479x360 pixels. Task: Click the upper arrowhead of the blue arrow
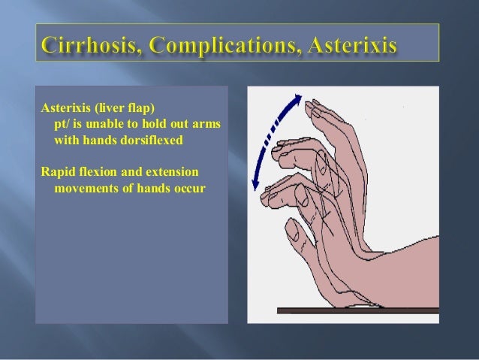click(x=299, y=98)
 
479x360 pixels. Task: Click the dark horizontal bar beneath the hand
click(x=353, y=310)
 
